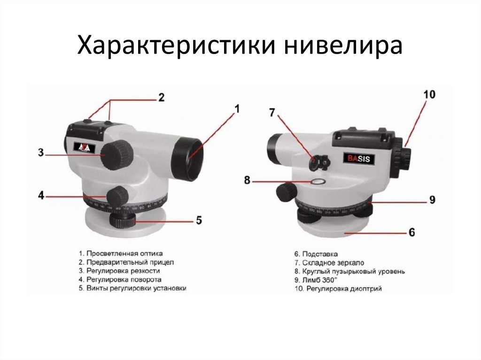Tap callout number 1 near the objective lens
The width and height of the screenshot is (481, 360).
237,109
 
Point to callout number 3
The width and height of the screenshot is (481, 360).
41,153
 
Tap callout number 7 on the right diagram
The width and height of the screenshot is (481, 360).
272,113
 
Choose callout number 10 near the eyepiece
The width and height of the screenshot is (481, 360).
429,94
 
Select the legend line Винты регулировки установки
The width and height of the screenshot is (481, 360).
132,289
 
